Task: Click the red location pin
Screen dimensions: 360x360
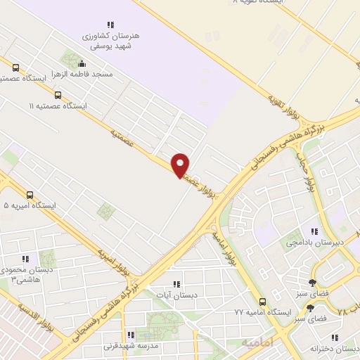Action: (181, 165)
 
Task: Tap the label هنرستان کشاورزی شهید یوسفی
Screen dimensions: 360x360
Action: (115, 39)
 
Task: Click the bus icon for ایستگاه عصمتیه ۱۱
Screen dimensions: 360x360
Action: (58, 95)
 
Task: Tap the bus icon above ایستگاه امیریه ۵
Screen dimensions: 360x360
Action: (30, 195)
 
